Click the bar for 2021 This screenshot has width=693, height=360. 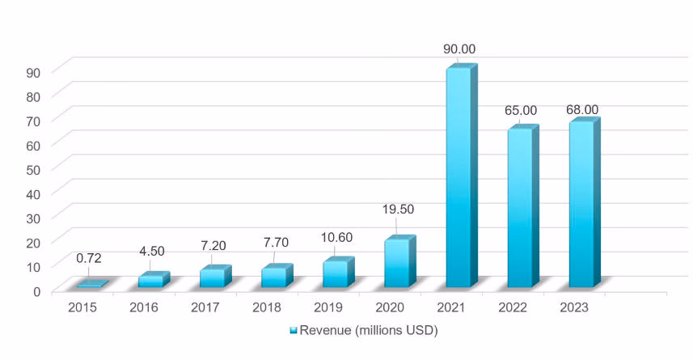pos(458,178)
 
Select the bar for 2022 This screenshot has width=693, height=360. pos(519,208)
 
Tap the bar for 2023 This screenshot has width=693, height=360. pos(581,205)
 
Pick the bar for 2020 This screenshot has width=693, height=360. pos(396,263)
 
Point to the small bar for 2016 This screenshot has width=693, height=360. pos(150,281)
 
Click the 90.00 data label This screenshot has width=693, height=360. pos(459,49)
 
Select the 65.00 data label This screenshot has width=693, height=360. pos(521,110)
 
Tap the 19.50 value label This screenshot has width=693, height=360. pos(398,209)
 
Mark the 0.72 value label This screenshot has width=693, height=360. pos(89,258)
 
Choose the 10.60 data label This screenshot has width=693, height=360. pos(336,240)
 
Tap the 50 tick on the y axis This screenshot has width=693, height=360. pos(35,168)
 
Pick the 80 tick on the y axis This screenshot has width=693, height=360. pos(35,95)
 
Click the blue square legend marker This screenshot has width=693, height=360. pos(294,331)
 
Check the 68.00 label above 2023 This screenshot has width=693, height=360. pos(582,109)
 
